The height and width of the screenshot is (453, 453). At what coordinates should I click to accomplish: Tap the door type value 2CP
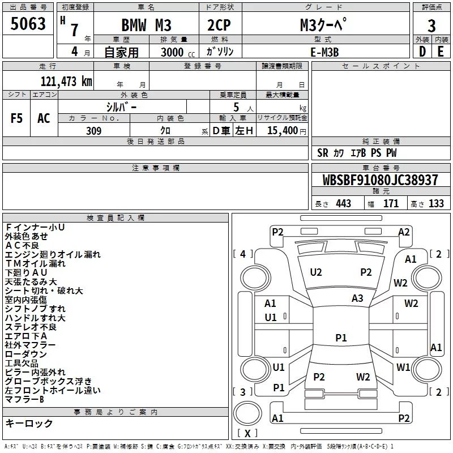[220, 26]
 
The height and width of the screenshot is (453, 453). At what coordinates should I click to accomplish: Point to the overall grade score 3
[431, 26]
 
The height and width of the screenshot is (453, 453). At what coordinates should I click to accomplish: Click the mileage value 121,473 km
[66, 82]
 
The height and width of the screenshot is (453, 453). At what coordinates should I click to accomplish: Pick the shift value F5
[16, 118]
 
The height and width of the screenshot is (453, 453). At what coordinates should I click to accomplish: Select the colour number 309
[94, 131]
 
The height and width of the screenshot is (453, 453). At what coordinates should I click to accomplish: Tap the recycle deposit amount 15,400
[281, 131]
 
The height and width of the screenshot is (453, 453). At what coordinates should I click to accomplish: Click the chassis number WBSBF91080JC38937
[380, 181]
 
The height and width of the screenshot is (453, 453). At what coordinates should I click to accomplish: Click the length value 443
[343, 203]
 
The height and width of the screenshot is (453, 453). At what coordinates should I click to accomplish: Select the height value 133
[436, 203]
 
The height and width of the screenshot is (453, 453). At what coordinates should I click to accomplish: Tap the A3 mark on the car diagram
[357, 298]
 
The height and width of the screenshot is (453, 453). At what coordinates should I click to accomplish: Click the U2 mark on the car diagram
[316, 272]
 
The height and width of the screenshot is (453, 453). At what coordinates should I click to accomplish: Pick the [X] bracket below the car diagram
[247, 433]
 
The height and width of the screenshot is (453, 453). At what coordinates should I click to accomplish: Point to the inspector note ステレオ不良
[31, 327]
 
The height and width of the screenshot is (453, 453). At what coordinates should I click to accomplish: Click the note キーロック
[29, 424]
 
